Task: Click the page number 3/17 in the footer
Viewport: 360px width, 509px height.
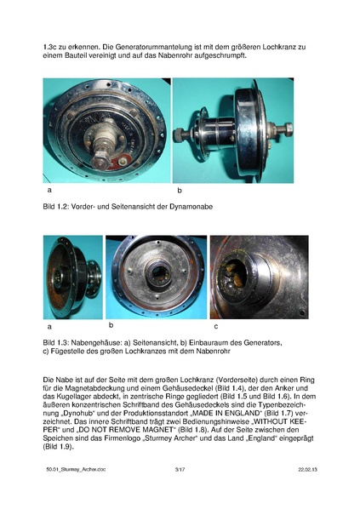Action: point(180,493)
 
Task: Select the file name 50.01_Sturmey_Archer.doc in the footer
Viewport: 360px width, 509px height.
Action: point(76,493)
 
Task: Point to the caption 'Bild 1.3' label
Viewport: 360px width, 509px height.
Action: point(57,341)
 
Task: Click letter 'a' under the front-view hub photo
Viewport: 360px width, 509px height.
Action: point(48,192)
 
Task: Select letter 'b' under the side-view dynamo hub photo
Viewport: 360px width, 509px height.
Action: point(180,192)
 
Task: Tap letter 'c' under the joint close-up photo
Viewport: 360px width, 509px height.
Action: point(215,325)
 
